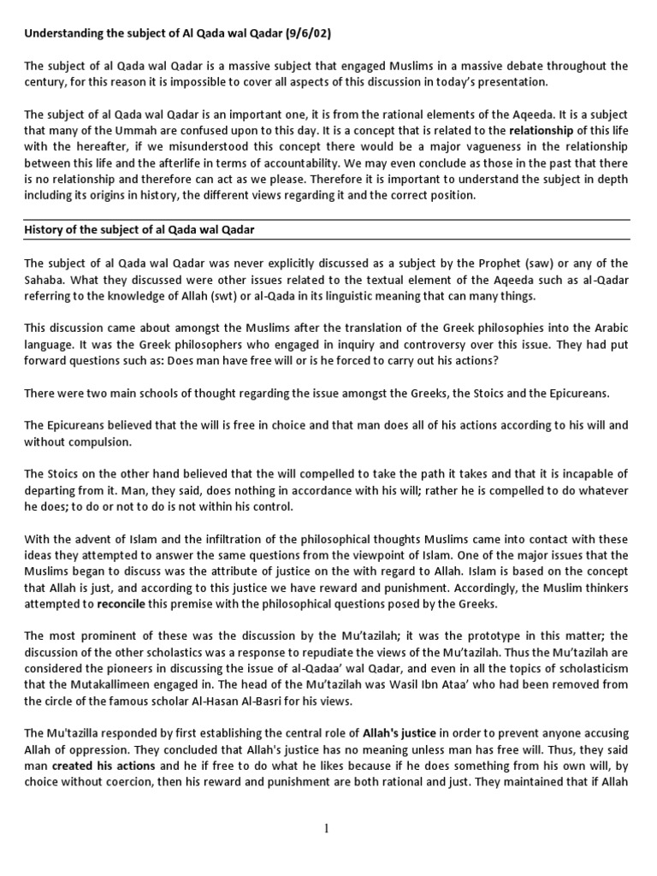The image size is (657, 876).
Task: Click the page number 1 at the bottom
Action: [328, 826]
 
